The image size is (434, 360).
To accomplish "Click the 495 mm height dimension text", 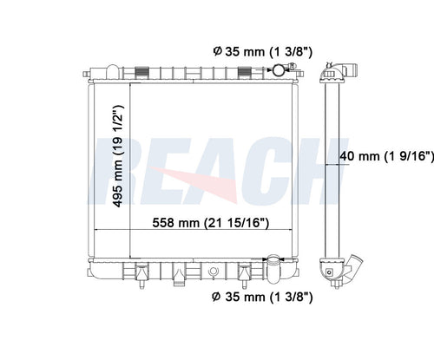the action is point(118,156).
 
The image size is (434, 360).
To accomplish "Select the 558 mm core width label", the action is point(211,223).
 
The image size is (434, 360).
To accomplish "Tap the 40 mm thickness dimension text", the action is point(387,156).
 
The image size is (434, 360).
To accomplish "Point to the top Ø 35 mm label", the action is point(263,52).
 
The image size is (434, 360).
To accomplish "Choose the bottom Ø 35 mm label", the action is point(262,297).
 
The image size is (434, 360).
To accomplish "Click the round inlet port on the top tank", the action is point(278,69).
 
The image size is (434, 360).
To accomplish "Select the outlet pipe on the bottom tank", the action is point(273,269).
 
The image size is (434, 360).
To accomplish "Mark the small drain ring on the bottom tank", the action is point(213,272).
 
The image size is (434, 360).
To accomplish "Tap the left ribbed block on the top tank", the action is point(141,72).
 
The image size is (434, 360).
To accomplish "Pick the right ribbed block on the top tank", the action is point(245,72).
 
